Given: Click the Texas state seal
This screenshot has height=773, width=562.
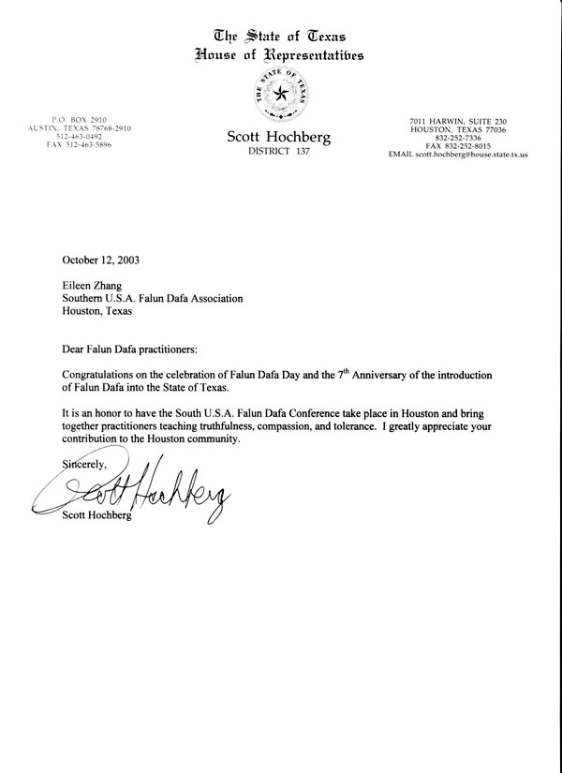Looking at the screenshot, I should click(280, 94).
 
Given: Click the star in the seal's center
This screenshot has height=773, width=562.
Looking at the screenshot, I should click(280, 95).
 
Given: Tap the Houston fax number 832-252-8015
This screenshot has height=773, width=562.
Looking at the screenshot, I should click(456, 146).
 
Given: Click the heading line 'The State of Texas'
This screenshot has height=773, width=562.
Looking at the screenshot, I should click(281, 37).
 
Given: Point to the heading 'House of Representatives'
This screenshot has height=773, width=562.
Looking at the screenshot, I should click(280, 56).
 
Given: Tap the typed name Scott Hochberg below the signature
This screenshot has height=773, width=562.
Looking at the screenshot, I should click(96, 514).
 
